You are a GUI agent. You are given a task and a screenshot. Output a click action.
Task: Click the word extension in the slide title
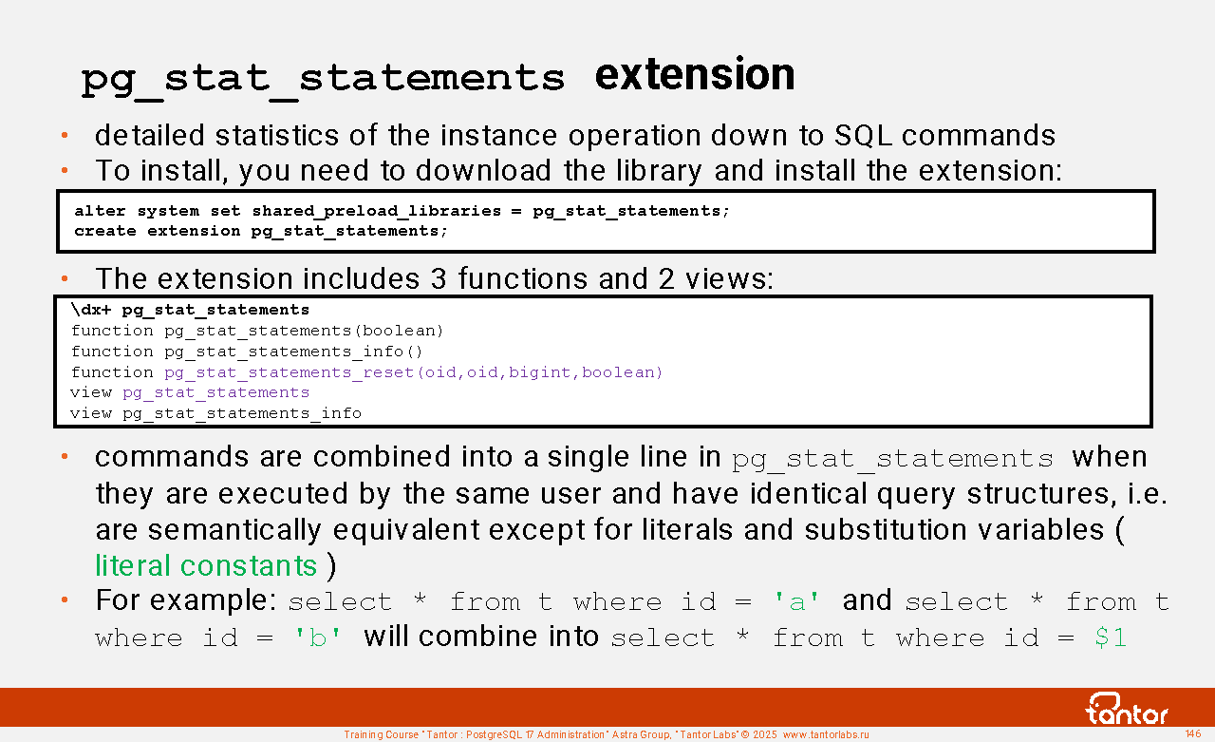pos(695,75)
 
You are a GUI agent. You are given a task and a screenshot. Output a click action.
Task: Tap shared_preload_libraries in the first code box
pos(377,211)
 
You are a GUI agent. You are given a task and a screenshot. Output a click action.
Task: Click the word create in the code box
pos(105,231)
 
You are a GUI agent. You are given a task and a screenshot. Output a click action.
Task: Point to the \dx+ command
pos(90,310)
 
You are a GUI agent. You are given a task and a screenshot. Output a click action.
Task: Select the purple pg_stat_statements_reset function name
pos(290,372)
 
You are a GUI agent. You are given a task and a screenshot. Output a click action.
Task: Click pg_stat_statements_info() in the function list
pos(293,352)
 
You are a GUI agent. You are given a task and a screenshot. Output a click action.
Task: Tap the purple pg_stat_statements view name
pos(215,393)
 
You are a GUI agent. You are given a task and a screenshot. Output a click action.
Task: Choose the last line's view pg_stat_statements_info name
pos(242,413)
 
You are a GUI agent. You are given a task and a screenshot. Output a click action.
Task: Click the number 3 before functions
pos(439,279)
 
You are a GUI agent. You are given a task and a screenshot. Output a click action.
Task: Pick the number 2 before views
pos(666,279)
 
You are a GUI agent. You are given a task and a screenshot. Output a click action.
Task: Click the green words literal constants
pos(206,566)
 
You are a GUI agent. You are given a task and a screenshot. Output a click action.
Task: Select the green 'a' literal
pos(796,601)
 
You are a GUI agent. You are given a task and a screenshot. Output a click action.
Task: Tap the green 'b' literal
pos(317,637)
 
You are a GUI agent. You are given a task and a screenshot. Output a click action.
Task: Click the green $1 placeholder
pos(1111,637)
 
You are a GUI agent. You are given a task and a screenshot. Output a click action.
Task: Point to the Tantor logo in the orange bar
pos(1126,709)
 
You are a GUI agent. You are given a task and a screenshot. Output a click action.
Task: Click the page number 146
pos(1193,733)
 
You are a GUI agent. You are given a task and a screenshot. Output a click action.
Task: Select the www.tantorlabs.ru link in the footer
pos(826,735)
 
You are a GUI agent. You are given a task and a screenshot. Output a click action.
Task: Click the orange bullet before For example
pos(65,600)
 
